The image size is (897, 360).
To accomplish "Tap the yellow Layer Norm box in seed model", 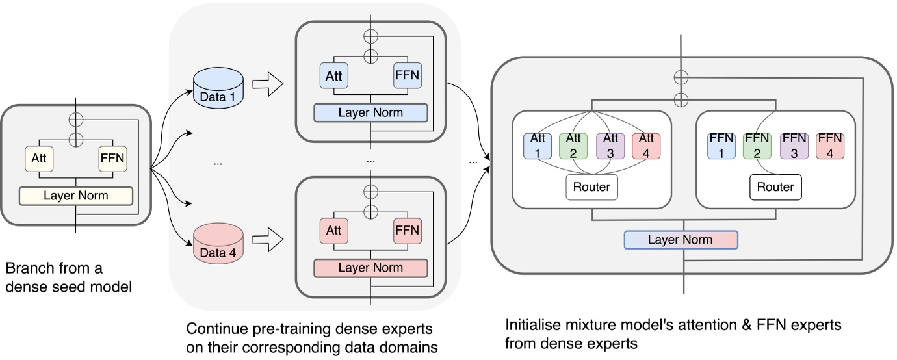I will (x=76, y=196).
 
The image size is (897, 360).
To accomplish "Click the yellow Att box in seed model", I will (x=38, y=159).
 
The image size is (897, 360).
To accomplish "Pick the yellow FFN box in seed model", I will (x=113, y=159).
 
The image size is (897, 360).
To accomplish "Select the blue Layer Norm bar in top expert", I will (x=370, y=112).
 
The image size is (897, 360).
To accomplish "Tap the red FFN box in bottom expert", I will (x=408, y=230).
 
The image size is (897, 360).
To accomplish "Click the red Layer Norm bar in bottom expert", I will (x=370, y=268).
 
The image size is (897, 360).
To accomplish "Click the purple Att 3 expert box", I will (x=610, y=146).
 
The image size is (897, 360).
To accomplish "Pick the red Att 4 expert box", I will (x=647, y=146).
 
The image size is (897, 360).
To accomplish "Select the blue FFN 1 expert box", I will (x=720, y=146).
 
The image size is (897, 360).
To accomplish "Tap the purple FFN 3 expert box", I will (x=794, y=146).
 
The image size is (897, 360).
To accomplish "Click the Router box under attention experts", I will (x=591, y=187).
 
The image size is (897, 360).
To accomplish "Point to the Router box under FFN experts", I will (x=775, y=187).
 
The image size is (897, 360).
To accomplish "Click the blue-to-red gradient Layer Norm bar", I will (x=680, y=240).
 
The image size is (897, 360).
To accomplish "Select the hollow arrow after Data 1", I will (x=267, y=84).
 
